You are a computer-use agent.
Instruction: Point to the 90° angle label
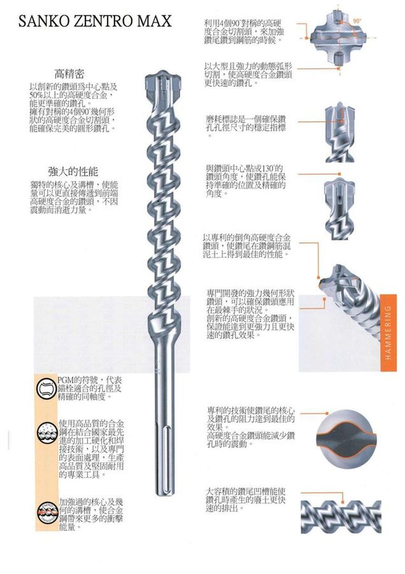(357, 21)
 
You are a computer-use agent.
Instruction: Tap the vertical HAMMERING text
(387, 332)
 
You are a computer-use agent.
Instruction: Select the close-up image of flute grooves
(340, 516)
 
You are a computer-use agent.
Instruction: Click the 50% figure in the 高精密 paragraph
(36, 96)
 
